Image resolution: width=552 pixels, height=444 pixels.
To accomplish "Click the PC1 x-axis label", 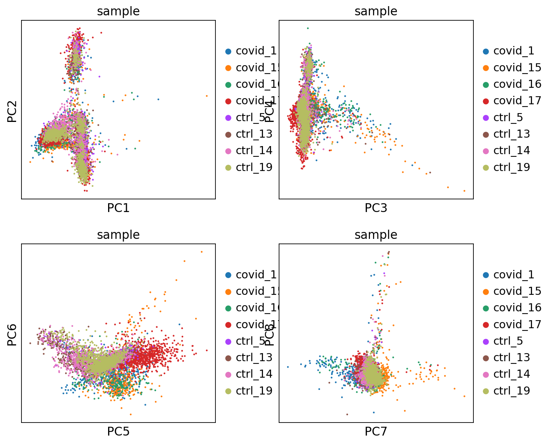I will (118, 208).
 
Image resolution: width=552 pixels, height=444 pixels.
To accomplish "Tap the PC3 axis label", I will (376, 208).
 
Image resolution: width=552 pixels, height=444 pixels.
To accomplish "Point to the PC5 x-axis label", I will (118, 432).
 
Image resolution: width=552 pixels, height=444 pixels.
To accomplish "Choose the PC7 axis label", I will (376, 432).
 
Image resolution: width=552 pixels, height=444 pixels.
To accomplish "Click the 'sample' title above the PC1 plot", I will (118, 11).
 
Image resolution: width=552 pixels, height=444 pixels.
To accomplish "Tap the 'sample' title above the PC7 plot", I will (376, 235).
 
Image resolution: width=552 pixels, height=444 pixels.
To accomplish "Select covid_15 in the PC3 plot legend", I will (517, 67).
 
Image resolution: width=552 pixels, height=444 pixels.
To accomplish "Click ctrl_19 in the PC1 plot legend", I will (254, 167).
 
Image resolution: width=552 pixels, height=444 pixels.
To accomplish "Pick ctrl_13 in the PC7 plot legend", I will (511, 357).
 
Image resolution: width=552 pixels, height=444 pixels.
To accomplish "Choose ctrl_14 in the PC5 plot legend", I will (254, 374).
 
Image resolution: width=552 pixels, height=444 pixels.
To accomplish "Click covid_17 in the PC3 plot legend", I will (517, 100).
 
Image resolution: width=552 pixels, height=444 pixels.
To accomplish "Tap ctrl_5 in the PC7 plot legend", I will (508, 341).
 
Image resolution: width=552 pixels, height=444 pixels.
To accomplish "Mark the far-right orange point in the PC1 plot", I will (207, 96).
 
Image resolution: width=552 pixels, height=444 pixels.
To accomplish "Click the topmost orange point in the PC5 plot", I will (202, 252).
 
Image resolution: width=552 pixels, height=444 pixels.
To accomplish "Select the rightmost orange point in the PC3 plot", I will (464, 191).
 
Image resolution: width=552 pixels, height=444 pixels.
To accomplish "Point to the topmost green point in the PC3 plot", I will (307, 28).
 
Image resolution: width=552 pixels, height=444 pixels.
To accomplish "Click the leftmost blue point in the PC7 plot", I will (288, 367).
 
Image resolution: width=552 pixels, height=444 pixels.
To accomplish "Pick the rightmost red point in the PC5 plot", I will (207, 350).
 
